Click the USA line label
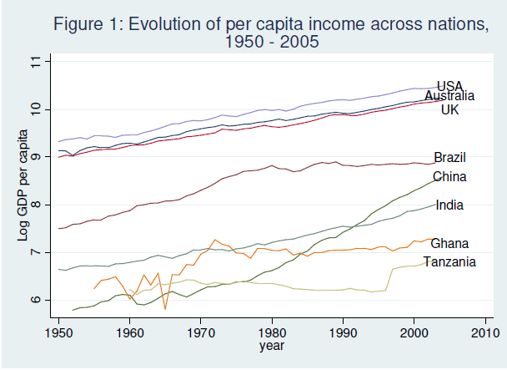coord(449,86)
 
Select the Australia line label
coord(455,97)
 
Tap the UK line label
coord(449,109)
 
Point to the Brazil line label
coord(450,158)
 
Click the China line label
coord(449,176)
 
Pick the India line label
coord(449,205)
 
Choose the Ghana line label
coord(449,243)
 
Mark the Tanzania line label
coord(449,262)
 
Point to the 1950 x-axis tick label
coord(58,334)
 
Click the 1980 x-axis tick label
coord(271,334)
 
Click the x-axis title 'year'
coord(271,347)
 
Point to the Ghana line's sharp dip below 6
coord(165,309)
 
